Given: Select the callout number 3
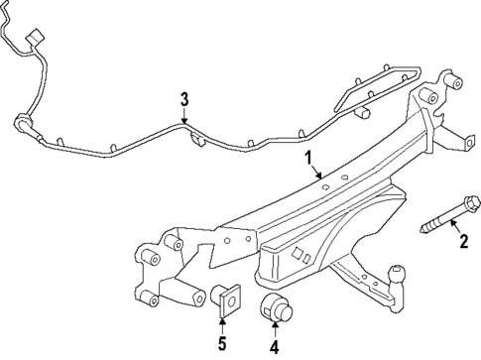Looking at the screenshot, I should tap(182, 98).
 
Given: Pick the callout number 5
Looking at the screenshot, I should tap(222, 345).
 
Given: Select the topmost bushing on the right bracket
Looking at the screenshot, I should tap(429, 95).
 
